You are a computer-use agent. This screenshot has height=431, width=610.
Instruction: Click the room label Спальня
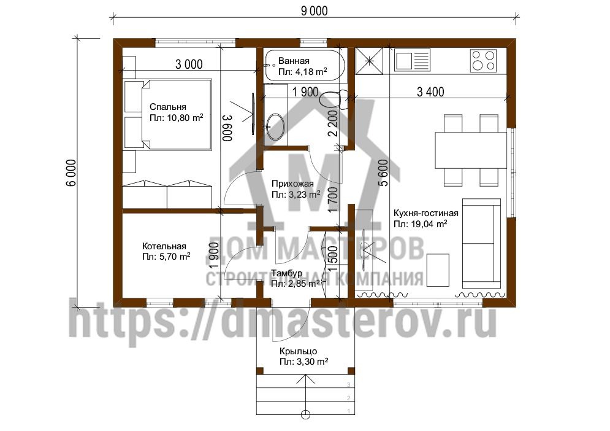(167, 107)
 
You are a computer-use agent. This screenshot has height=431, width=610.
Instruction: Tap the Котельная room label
(164, 246)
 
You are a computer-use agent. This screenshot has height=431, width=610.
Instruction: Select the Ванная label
(294, 61)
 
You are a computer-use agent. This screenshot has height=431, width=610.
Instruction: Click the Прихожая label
(292, 184)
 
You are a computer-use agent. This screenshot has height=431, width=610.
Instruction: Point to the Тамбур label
(287, 273)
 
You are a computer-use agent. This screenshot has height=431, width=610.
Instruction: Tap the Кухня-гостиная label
(425, 213)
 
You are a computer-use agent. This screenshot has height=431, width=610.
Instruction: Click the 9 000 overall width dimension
(314, 11)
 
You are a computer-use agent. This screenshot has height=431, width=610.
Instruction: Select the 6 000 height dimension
(72, 173)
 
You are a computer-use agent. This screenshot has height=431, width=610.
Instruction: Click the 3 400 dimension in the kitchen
(430, 92)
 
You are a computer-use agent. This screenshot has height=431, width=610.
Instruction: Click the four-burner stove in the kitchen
(483, 60)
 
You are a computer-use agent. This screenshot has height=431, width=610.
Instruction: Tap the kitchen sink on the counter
(413, 60)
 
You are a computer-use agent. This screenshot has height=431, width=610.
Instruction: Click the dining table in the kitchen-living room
(471, 150)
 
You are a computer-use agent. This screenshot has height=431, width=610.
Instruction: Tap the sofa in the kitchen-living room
(481, 243)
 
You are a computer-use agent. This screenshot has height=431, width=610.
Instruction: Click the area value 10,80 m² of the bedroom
(176, 118)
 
